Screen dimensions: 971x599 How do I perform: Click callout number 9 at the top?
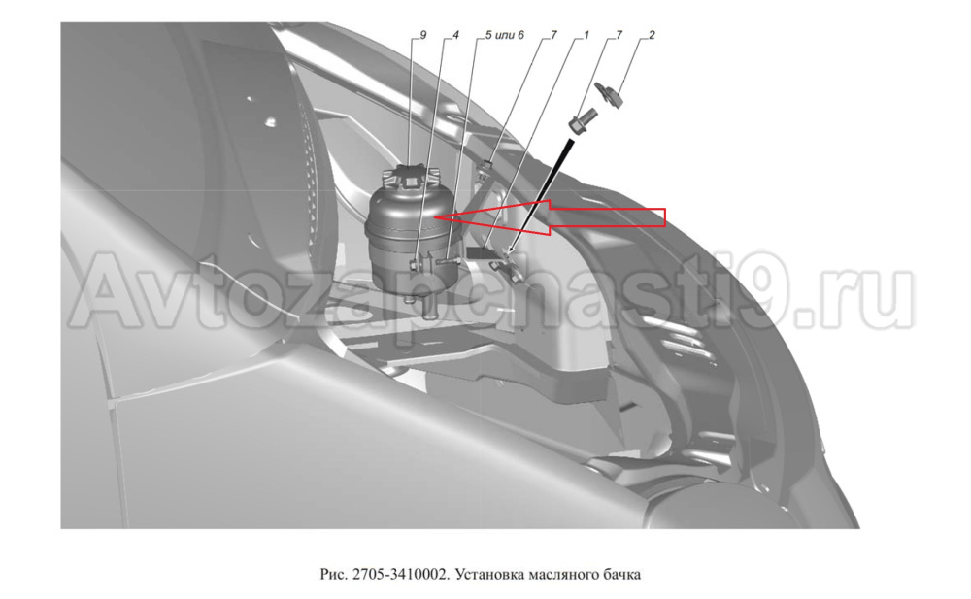423,35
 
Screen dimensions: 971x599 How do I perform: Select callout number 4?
455,35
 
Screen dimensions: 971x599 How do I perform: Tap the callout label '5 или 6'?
505,35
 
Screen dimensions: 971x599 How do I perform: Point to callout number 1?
586,35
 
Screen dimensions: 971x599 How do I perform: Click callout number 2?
652,35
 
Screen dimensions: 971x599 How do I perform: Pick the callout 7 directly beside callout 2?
619,35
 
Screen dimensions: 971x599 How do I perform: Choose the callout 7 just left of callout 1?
553,35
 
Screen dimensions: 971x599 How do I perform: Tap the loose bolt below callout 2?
583,120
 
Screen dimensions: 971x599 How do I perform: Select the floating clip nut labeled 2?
610,93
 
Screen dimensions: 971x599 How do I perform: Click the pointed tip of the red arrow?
435,217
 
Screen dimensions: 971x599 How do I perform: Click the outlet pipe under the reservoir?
426,307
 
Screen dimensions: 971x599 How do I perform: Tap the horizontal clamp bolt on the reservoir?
447,264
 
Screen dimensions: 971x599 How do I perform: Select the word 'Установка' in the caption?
489,574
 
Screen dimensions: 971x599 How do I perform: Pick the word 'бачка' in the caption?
621,574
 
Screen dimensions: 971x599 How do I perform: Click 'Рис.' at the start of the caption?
334,574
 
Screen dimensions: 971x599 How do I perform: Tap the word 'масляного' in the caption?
563,574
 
